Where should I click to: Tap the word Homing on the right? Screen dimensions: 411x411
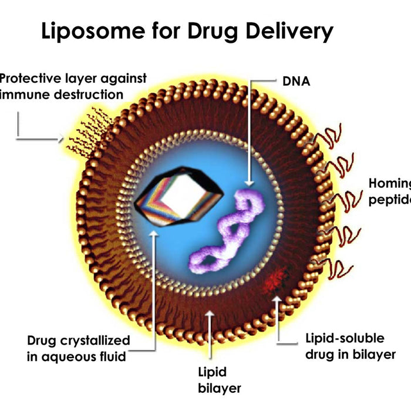point(389,183)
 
